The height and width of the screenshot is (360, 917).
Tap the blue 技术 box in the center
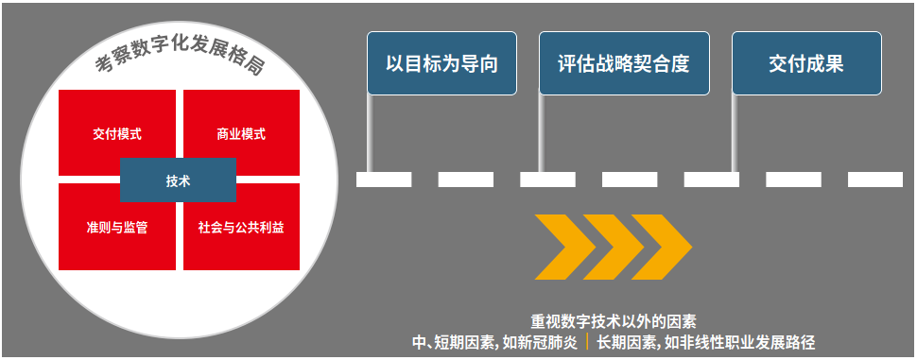(x=178, y=180)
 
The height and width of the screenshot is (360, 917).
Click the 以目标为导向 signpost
(x=441, y=64)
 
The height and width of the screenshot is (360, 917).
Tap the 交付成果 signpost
(x=806, y=64)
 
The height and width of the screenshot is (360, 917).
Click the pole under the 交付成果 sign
(x=735, y=132)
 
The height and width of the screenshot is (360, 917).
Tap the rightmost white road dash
(x=874, y=180)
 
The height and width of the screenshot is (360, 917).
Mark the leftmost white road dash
(x=384, y=180)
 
